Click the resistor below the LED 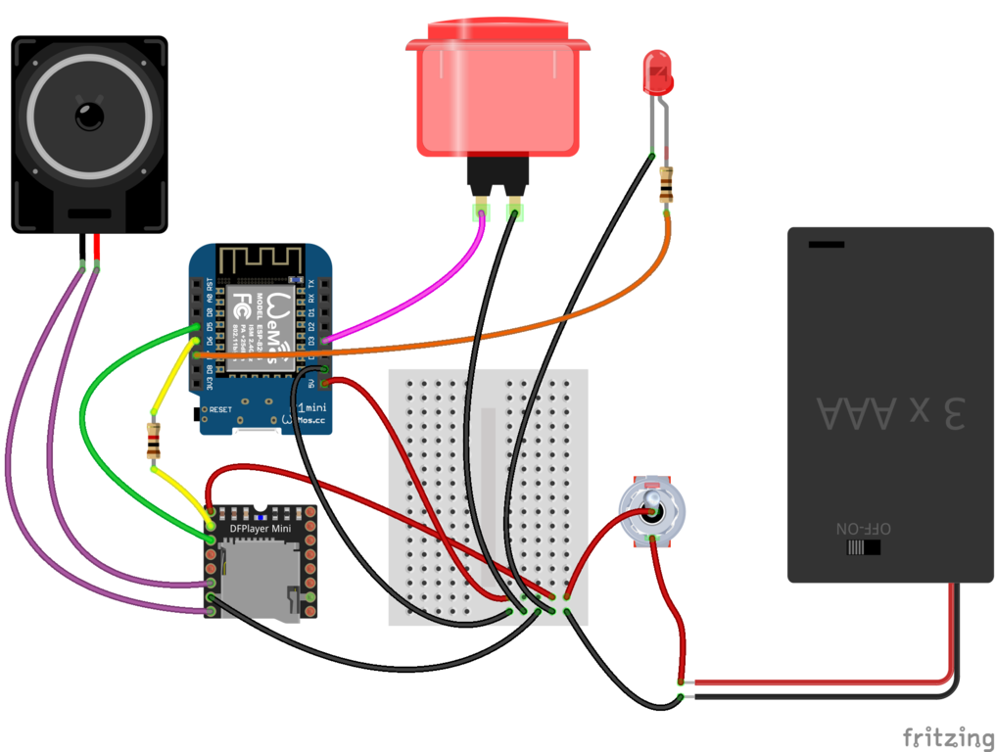click(x=667, y=184)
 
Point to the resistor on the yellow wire click(x=153, y=443)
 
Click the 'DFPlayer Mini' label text click(x=260, y=529)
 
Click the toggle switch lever click(x=651, y=508)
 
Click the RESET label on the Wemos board click(x=220, y=408)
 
